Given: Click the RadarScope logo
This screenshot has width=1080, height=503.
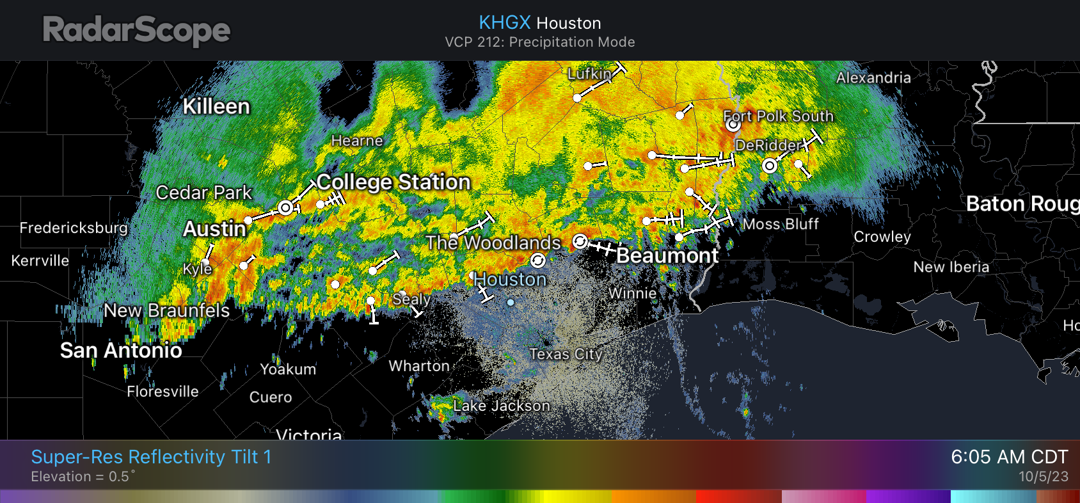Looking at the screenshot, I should coord(136,31).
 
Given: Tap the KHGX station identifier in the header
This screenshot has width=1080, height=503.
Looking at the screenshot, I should coord(505,22).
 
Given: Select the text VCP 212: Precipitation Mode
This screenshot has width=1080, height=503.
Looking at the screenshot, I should coord(540,42).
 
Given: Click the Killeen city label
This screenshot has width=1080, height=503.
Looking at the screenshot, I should coord(216,106).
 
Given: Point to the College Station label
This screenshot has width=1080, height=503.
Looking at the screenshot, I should coord(393,182).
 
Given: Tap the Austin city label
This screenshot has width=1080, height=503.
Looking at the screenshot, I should coord(214,228).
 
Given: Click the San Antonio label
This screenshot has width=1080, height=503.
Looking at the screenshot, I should coord(121,350).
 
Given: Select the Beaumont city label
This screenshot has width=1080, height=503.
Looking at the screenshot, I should coord(667,255).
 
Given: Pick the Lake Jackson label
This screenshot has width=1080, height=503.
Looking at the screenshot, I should coord(502,406).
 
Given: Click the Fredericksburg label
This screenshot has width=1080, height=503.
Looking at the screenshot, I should coord(74,228).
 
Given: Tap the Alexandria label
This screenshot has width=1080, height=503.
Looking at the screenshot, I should coord(873,77).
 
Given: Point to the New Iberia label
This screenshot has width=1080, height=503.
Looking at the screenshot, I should coord(951,267).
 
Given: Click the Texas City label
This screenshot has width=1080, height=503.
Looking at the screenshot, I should coord(566,354).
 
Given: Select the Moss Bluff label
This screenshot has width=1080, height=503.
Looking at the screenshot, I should coord(781,224).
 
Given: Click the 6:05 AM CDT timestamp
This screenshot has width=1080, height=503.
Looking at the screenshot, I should coord(1009,457).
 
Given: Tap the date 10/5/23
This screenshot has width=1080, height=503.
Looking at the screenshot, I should coord(1043,477).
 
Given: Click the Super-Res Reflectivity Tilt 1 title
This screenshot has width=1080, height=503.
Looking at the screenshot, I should coord(151,457).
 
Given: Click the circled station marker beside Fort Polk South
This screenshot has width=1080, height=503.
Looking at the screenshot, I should coord(733,125).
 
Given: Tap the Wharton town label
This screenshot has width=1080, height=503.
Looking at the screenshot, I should coord(419,366).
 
